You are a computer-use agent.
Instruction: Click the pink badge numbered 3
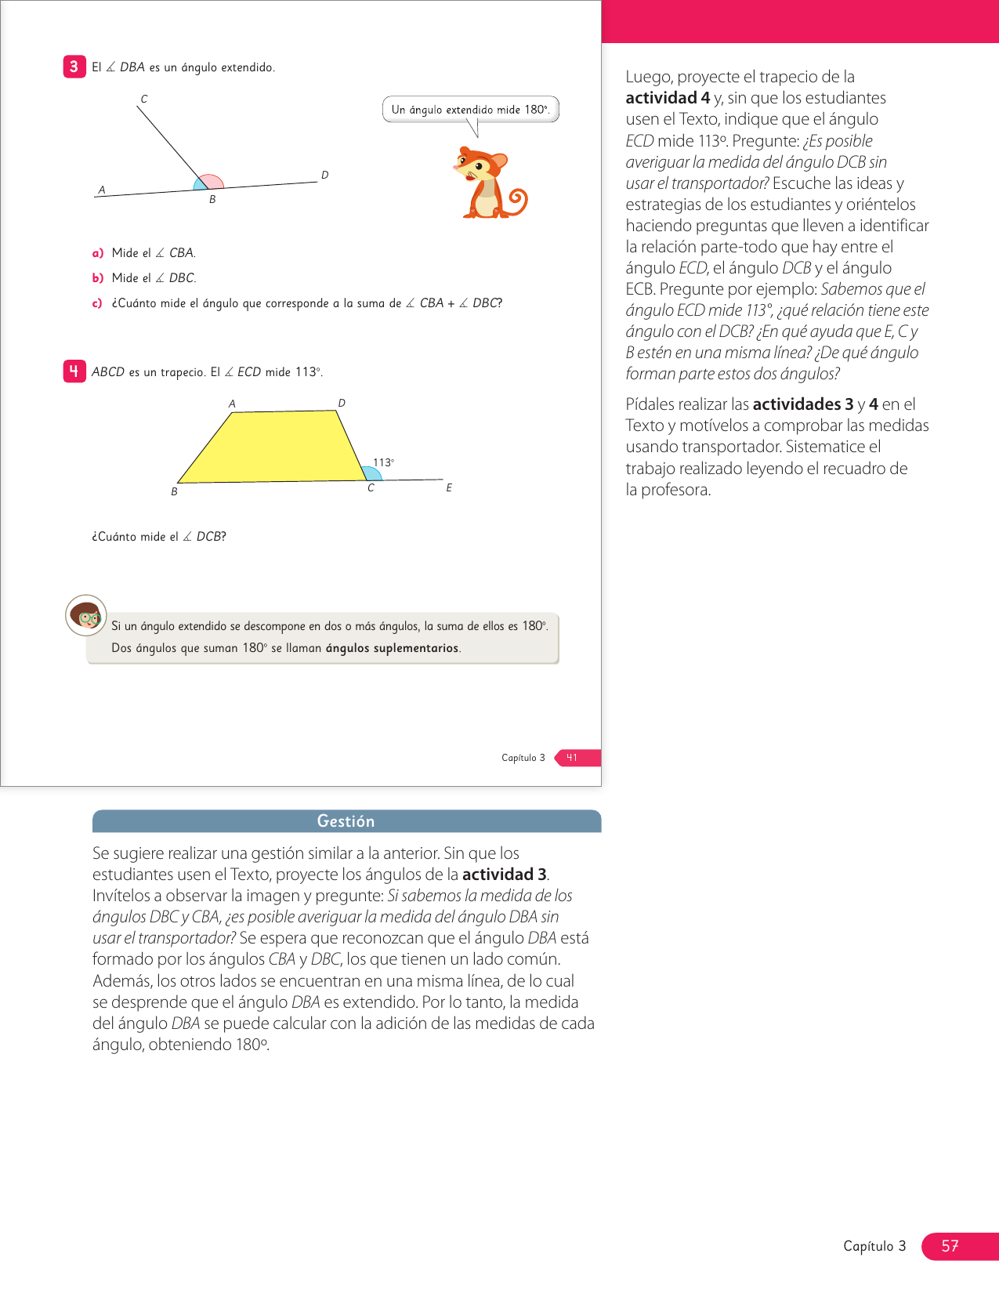(74, 67)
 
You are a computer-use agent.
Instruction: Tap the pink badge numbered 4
(74, 371)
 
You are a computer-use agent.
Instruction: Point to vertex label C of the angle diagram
(144, 99)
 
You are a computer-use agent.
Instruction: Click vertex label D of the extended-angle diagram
(324, 175)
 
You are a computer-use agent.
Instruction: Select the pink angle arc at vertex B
(212, 181)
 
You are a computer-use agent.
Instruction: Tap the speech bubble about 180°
(470, 110)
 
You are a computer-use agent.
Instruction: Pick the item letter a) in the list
(98, 253)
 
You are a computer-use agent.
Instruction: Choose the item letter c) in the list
(97, 303)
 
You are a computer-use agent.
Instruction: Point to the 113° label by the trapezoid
(383, 462)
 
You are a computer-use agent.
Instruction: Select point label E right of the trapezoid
(449, 487)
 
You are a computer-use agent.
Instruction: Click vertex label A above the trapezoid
(232, 404)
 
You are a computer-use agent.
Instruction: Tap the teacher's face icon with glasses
(85, 616)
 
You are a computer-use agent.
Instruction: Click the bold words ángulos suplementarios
(392, 648)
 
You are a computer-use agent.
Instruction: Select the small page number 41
(573, 758)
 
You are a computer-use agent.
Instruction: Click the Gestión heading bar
(346, 821)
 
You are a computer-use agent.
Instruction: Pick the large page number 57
(950, 1246)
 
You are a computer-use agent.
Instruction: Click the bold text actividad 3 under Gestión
(504, 875)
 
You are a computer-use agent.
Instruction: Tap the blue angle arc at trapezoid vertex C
(373, 473)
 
